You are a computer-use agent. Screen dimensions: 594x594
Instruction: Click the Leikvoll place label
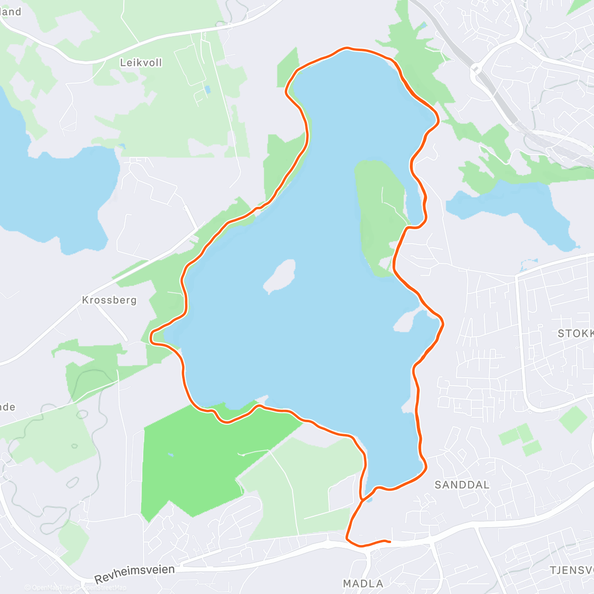coord(141,63)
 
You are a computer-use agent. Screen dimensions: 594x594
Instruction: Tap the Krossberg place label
coord(109,300)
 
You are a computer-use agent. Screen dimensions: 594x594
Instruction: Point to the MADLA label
coord(363,584)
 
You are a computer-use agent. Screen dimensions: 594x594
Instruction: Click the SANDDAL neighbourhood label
coord(462,485)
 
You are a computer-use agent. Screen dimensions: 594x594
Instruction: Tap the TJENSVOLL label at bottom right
coord(572,570)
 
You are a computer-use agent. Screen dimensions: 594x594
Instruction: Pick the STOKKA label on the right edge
coord(576,334)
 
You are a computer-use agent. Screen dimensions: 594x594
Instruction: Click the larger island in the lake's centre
coord(280,275)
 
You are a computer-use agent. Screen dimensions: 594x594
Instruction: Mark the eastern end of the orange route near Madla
coord(390,542)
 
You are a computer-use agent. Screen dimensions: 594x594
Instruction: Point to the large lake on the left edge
coord(54,193)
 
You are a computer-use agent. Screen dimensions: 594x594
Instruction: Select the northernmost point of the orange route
coord(347,48)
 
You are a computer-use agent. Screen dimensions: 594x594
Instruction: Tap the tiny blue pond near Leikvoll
coord(207,90)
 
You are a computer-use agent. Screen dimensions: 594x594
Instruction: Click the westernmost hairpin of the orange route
coord(151,337)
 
